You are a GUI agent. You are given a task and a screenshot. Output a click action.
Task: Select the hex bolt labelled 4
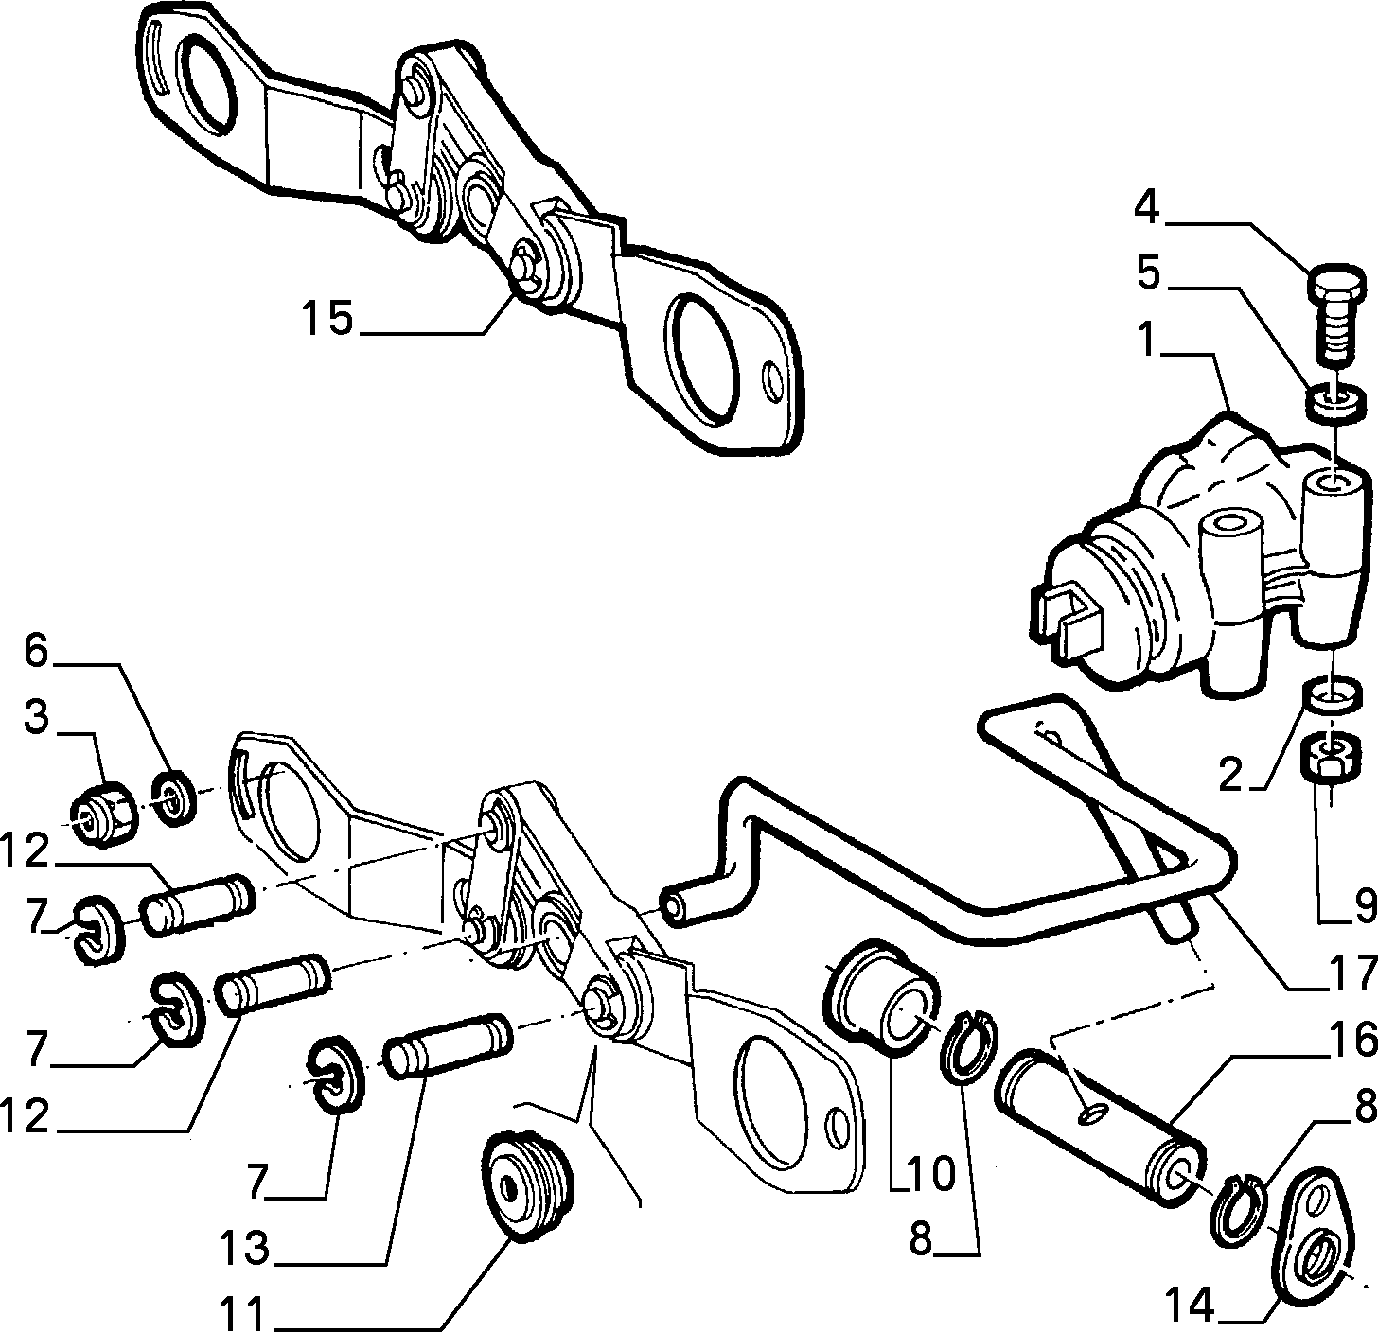tap(1335, 314)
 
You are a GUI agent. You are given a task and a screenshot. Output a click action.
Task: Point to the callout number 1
tap(1147, 340)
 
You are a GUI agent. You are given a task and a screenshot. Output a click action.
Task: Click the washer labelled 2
tap(1333, 695)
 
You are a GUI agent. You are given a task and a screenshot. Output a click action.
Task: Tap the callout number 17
tap(1350, 974)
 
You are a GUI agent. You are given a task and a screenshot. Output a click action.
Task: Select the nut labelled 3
tap(105, 815)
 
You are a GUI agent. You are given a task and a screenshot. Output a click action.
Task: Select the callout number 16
tap(1350, 1040)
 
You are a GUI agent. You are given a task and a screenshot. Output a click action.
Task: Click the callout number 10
tap(930, 1175)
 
